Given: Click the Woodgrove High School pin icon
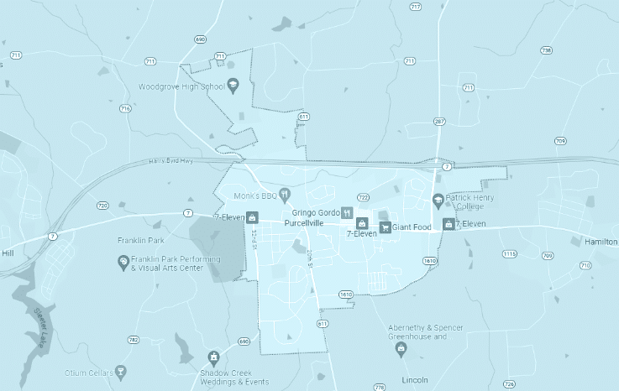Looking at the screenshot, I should point(233,85).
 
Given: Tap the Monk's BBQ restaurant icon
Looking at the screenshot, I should point(285,195).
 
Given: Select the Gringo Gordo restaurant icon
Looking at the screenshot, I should point(346,213).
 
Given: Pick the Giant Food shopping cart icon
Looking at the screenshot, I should point(385,227).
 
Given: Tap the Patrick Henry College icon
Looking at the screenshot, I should point(438,200).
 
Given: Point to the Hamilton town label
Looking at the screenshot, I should point(601,241).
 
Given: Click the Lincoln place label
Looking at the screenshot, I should point(416,379).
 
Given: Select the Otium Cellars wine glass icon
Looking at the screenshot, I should point(120,372).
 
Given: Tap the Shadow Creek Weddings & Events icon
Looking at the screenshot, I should point(213,359).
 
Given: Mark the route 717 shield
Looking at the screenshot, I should point(415,7).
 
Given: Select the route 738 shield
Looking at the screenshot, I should point(547,50).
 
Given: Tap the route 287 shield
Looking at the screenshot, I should point(438,122).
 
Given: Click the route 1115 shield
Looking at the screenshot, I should point(509,253).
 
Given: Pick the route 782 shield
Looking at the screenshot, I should point(133,340).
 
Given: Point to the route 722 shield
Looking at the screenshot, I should point(363,197).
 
